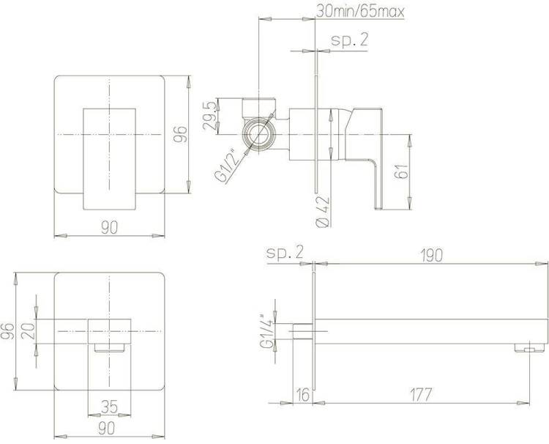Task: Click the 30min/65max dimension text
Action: click(x=360, y=11)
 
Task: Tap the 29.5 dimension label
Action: click(x=209, y=116)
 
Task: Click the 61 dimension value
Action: click(x=403, y=171)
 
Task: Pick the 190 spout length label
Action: click(x=432, y=255)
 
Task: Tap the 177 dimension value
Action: click(x=421, y=395)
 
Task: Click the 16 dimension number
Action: click(x=303, y=395)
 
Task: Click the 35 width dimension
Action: click(x=109, y=407)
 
